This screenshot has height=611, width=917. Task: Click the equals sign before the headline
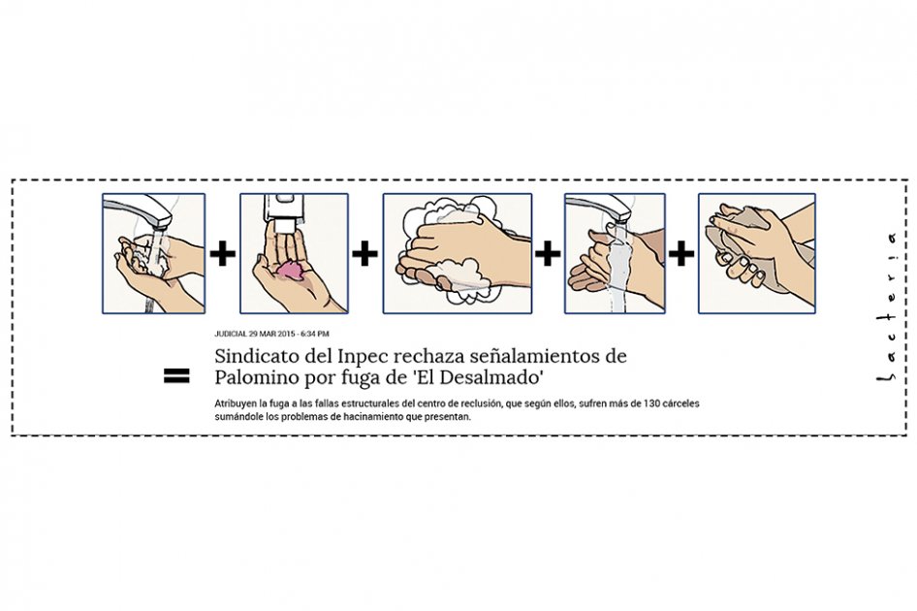[x=176, y=375]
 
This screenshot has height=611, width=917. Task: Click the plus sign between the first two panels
[x=222, y=254]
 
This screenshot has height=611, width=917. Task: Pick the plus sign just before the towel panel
[x=681, y=254]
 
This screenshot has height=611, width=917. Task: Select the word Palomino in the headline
[x=256, y=377]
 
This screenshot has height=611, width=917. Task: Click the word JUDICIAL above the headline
[x=231, y=334]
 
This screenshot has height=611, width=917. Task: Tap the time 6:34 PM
[x=315, y=334]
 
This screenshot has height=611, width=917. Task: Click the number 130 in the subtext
[x=650, y=403]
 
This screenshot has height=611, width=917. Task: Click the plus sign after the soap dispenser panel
[x=364, y=254]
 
